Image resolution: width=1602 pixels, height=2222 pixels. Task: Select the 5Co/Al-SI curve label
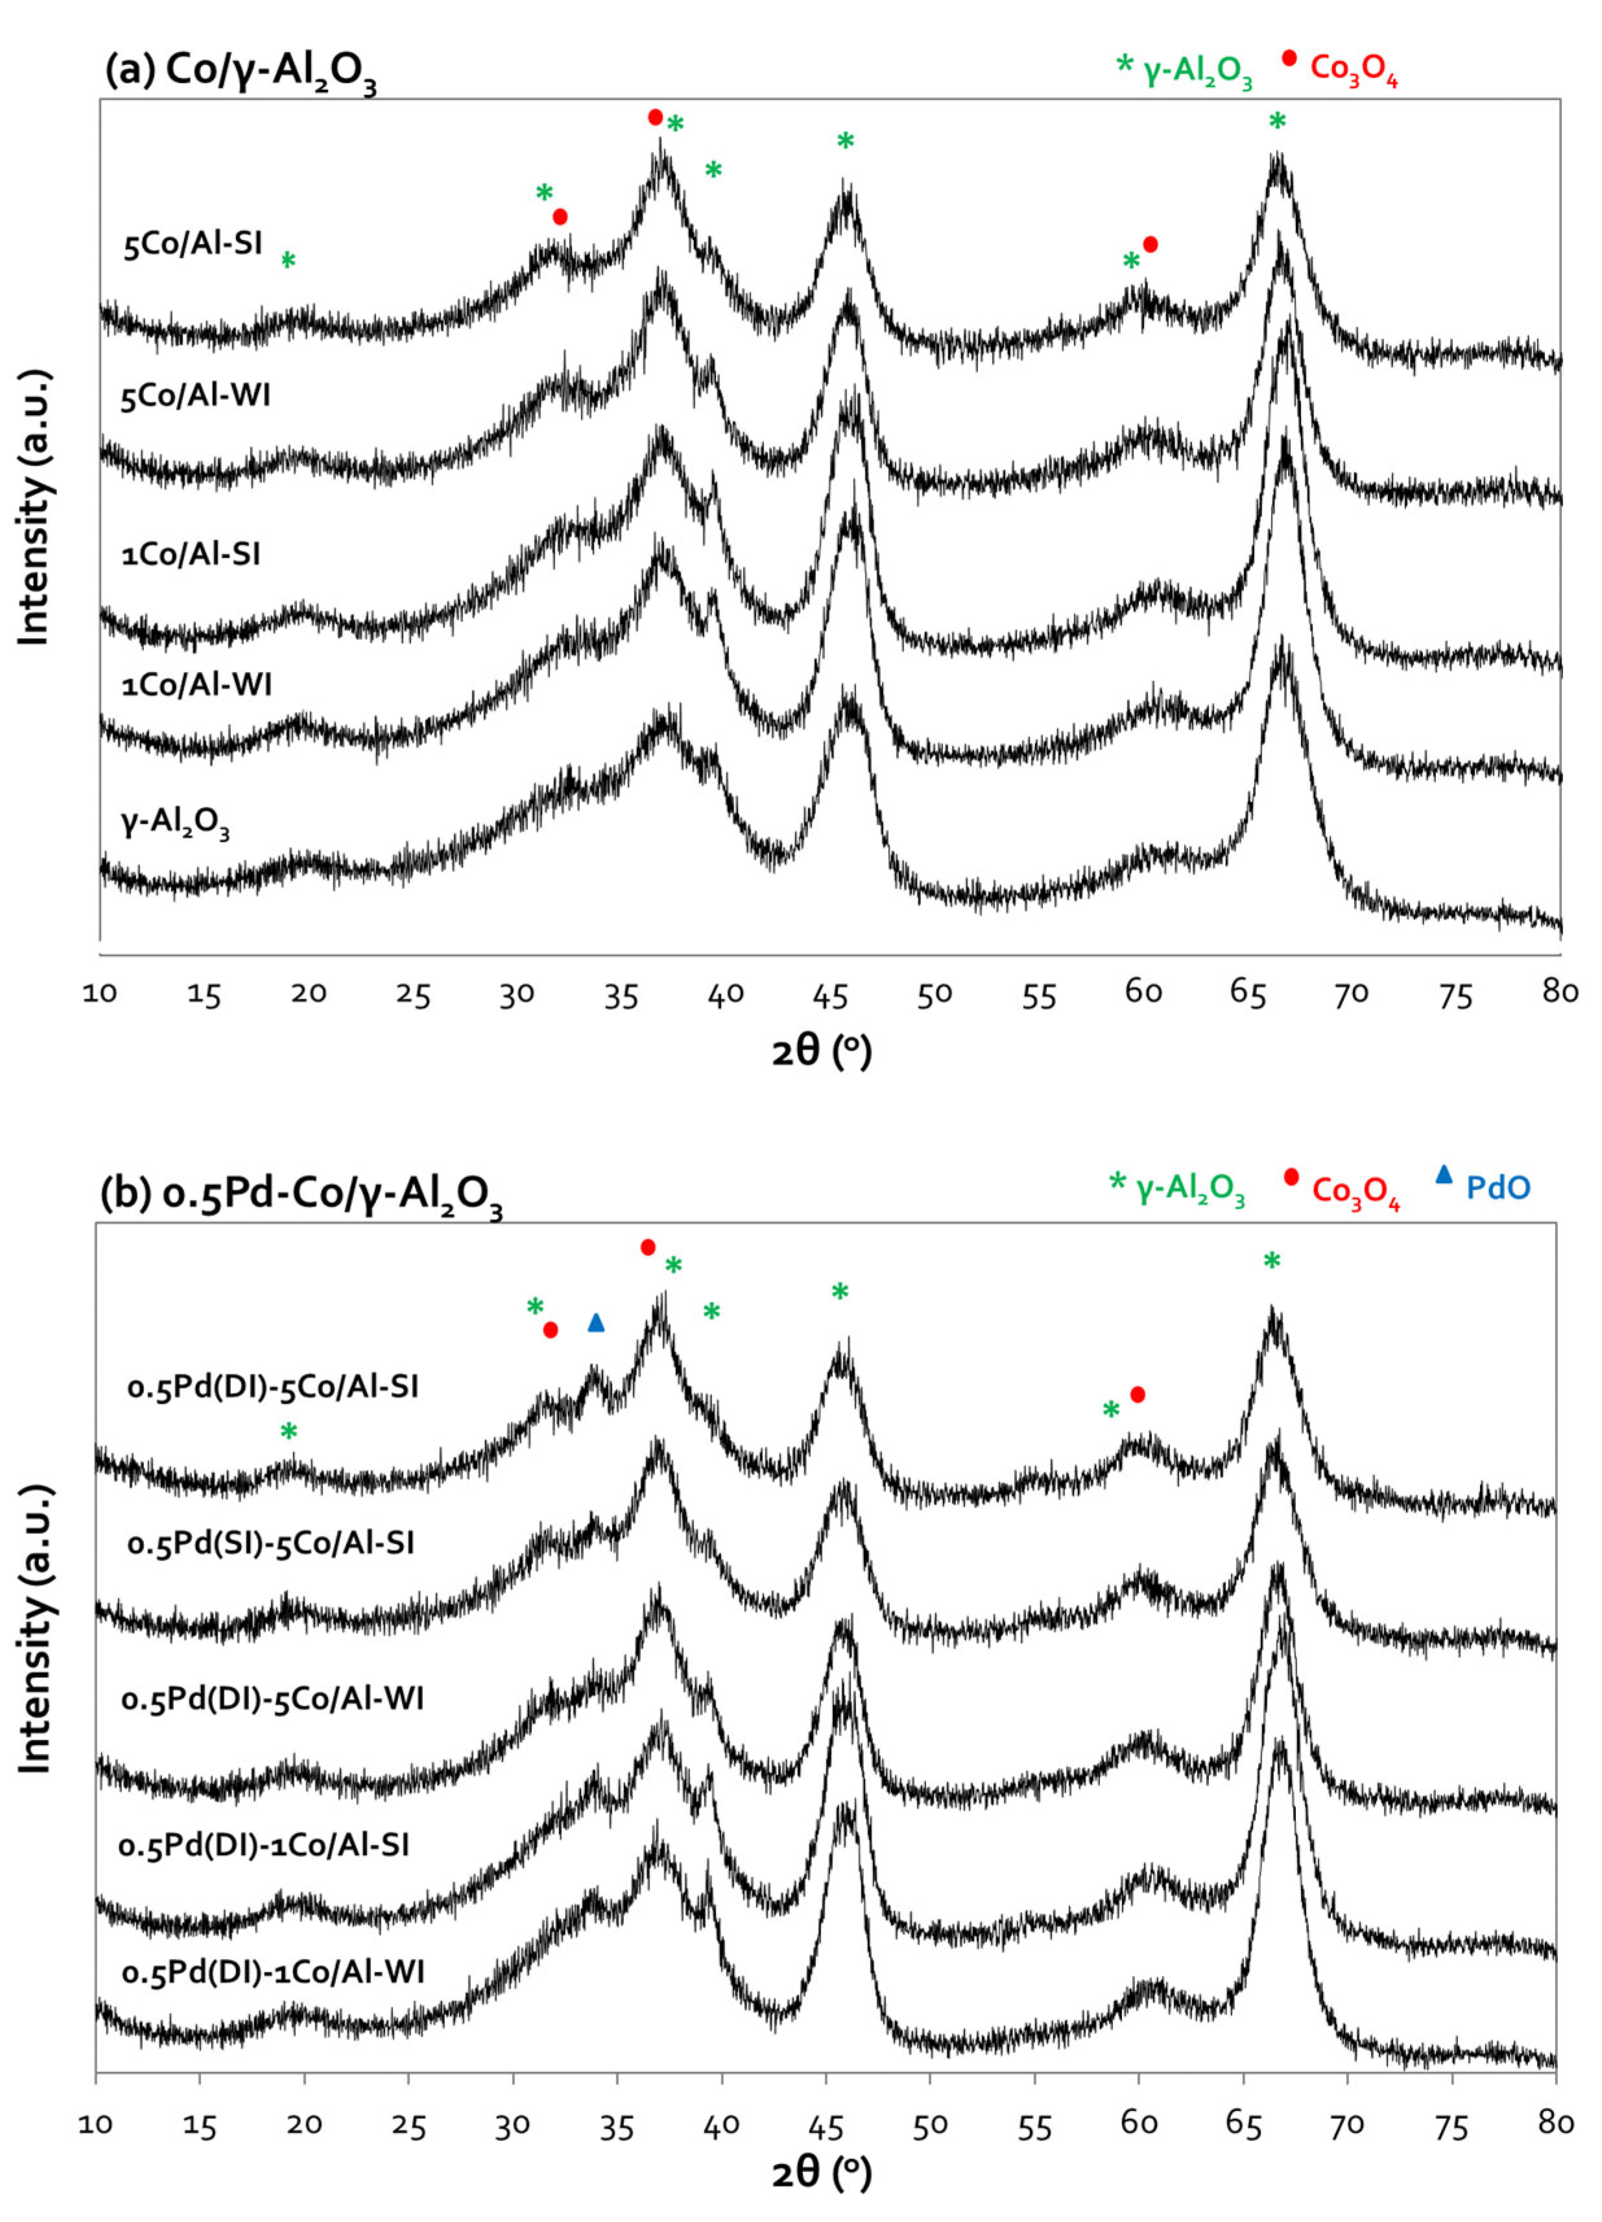(193, 243)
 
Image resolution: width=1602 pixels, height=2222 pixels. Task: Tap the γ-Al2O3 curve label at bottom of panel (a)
(175, 824)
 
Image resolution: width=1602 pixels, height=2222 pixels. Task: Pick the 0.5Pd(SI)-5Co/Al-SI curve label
(271, 1543)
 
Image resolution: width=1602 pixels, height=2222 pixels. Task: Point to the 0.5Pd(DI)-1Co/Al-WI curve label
(273, 1971)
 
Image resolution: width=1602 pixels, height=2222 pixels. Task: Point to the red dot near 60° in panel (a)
(1151, 244)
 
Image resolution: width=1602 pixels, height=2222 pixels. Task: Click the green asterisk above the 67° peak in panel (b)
(1272, 1261)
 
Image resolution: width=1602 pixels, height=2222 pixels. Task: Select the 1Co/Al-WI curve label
(197, 684)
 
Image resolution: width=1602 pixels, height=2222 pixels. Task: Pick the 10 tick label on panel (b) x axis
(96, 2122)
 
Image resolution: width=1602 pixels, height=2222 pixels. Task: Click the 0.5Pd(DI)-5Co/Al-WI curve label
(272, 1698)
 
